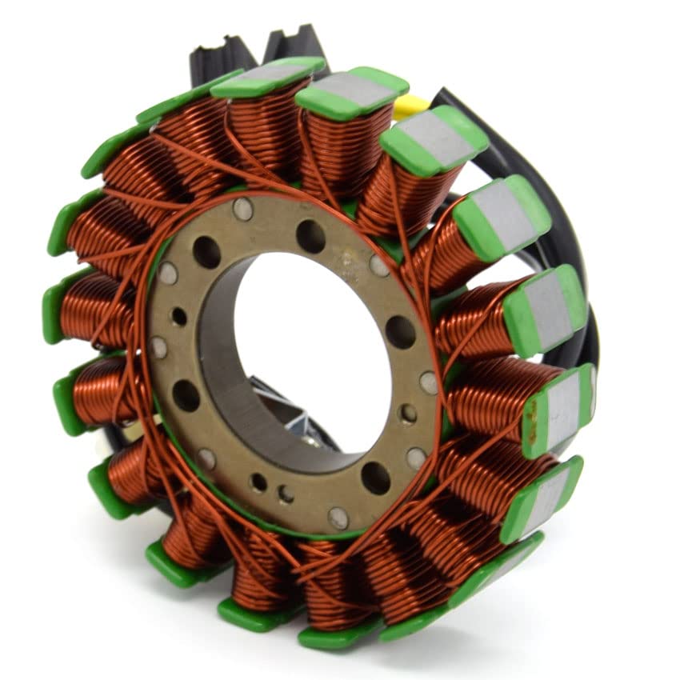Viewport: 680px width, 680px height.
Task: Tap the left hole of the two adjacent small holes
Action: [x=258, y=482]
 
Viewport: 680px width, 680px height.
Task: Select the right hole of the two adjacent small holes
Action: [x=286, y=494]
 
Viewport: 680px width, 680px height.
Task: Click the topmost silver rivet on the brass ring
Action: [x=242, y=210]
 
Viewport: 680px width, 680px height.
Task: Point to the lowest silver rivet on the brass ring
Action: [x=339, y=518]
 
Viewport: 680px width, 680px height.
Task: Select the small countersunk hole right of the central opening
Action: [x=408, y=413]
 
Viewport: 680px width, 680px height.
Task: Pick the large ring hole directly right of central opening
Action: [x=400, y=331]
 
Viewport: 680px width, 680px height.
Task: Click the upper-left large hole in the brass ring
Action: [x=206, y=252]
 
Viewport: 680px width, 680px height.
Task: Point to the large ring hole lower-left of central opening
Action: [x=186, y=395]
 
